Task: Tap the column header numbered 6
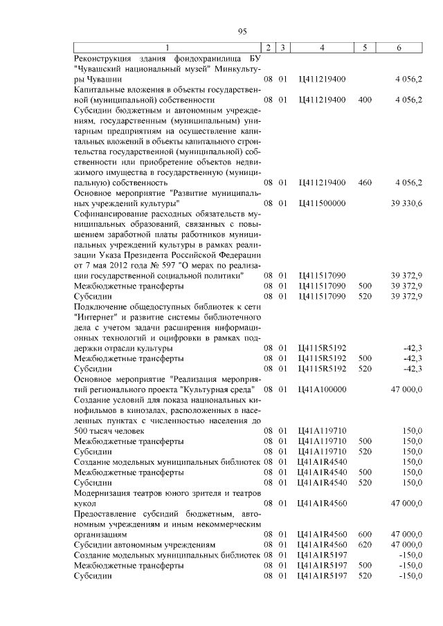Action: (x=398, y=47)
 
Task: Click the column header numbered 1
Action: (x=166, y=47)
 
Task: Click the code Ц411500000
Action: (x=322, y=203)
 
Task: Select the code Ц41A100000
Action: (x=322, y=390)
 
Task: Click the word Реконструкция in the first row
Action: (x=104, y=59)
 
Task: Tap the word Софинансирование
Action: (x=115, y=214)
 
